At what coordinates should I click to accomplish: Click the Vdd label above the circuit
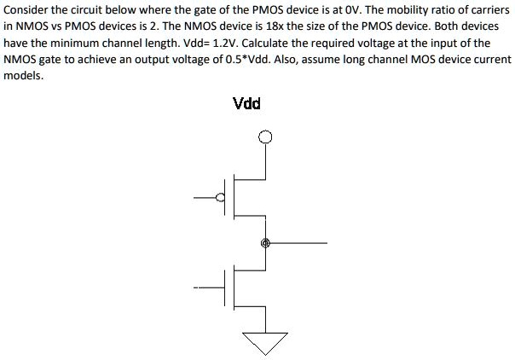tap(246, 104)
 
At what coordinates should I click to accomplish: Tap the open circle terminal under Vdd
tap(265, 136)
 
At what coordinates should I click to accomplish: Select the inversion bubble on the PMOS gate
tap(221, 199)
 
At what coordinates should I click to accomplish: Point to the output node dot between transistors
tap(265, 243)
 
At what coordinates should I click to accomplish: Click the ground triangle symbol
tap(265, 341)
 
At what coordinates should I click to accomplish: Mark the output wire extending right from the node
tap(298, 243)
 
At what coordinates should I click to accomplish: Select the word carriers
tap(490, 9)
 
